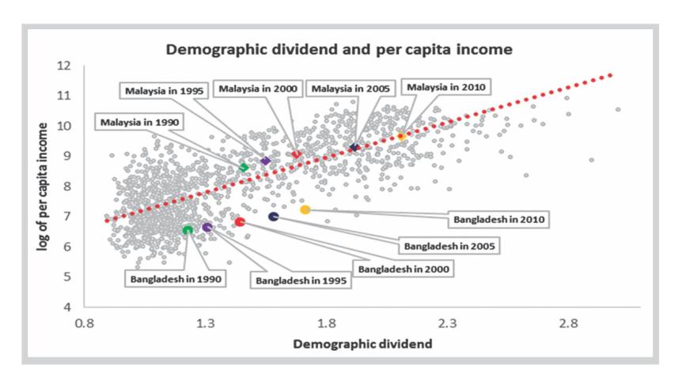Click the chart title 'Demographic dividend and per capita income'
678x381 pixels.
(339, 49)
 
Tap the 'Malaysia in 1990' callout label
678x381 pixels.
(141, 122)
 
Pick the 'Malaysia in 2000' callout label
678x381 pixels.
(258, 89)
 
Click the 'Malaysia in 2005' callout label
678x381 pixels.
(350, 89)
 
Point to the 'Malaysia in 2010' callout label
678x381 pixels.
(447, 87)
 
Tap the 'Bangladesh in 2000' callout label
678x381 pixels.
(403, 269)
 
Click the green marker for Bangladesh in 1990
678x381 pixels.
(187, 230)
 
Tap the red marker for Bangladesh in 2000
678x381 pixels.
(240, 222)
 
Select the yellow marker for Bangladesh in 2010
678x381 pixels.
(305, 209)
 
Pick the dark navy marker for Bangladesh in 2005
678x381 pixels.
(274, 217)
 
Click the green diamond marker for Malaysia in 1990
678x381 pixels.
(244, 167)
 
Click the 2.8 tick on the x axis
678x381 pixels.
(569, 323)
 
